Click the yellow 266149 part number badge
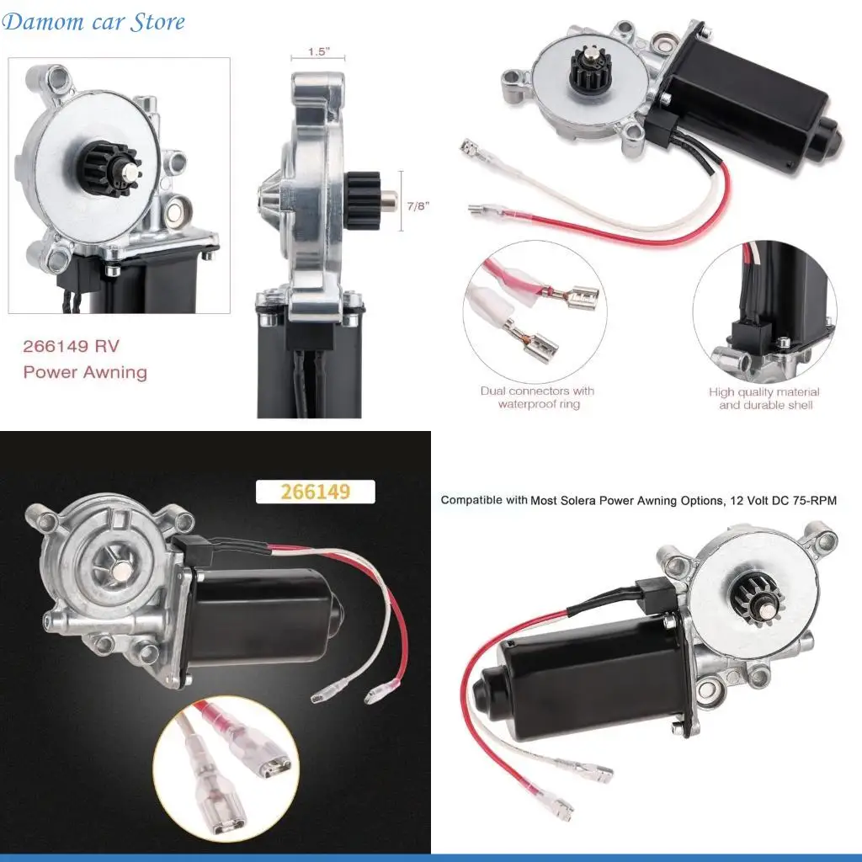[314, 491]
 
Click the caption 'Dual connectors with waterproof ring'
[537, 397]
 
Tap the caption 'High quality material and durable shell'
[764, 398]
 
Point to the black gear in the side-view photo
[364, 199]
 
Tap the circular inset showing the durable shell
[764, 311]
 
